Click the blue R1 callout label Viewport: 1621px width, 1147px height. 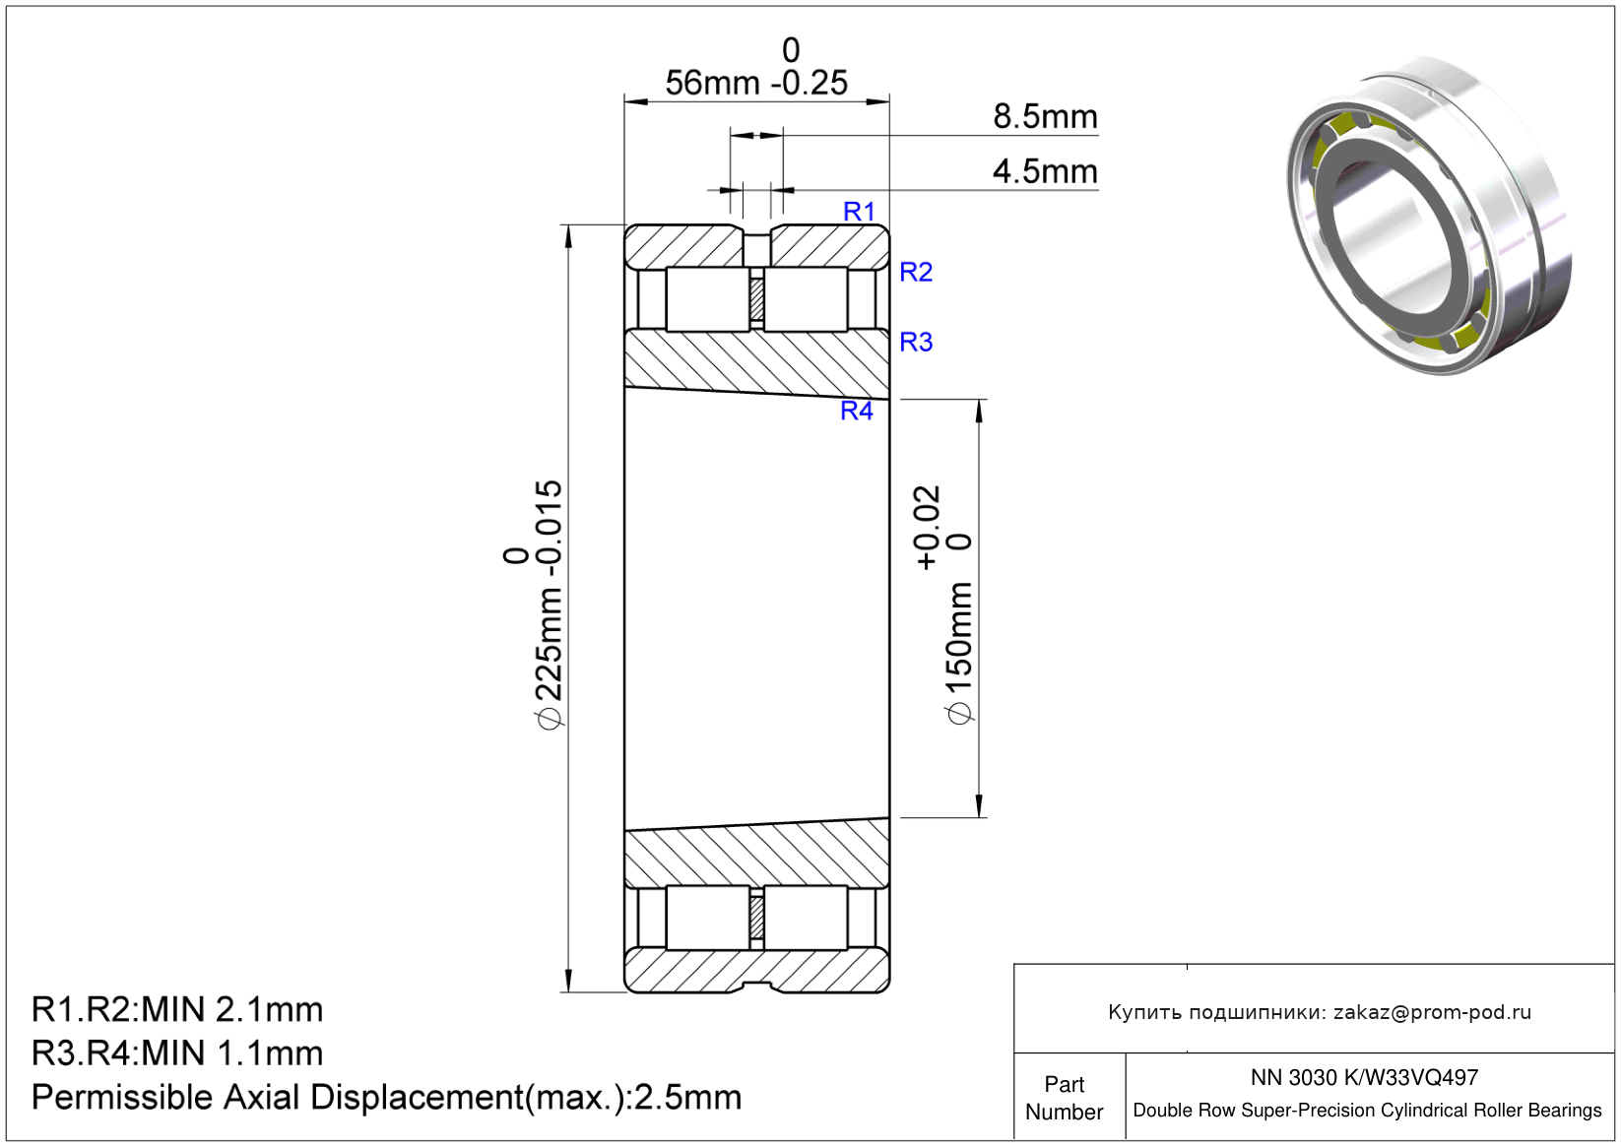pyautogui.click(x=859, y=212)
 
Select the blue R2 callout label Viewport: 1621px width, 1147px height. pyautogui.click(x=916, y=272)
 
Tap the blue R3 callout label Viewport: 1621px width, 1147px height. pyautogui.click(x=916, y=342)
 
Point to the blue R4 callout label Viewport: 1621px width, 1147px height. pyautogui.click(x=857, y=411)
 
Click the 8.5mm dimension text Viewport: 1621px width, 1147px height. pyautogui.click(x=1045, y=116)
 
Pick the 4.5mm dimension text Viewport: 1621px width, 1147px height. pyautogui.click(x=1045, y=171)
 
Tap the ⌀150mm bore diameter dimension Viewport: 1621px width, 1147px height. pyautogui.click(x=959, y=652)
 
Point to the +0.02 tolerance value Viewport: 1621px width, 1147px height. pyautogui.click(x=927, y=528)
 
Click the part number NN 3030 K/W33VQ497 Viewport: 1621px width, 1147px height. pyautogui.click(x=1364, y=1077)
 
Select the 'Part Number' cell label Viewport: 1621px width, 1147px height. pyautogui.click(x=1064, y=1098)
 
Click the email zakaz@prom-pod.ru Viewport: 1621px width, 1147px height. pyautogui.click(x=1432, y=1012)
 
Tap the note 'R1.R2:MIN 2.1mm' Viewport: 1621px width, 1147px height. pyautogui.click(x=177, y=1009)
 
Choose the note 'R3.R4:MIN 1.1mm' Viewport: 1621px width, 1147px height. pyautogui.click(x=177, y=1052)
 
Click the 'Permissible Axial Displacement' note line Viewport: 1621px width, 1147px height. pyautogui.click(x=386, y=1097)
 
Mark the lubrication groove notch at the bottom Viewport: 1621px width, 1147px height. pyautogui.click(x=757, y=987)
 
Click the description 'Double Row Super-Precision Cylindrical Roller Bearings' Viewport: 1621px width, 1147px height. pyautogui.click(x=1367, y=1111)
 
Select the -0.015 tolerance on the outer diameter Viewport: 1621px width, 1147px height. pyautogui.click(x=549, y=528)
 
